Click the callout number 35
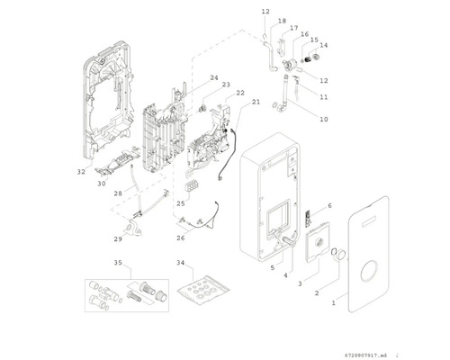[118, 263]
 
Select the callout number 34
[180, 263]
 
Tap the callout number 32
[81, 172]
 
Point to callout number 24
[214, 77]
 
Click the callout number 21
[256, 102]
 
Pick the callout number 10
[324, 119]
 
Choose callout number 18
[282, 21]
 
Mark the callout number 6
[329, 205]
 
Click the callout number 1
[333, 303]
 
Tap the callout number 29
[118, 238]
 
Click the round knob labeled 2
[340, 255]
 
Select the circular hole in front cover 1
[369, 271]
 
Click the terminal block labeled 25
[192, 186]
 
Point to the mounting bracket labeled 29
[133, 228]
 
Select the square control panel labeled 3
[318, 242]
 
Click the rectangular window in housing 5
[279, 214]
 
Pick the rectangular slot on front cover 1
[372, 221]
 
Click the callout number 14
[324, 45]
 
